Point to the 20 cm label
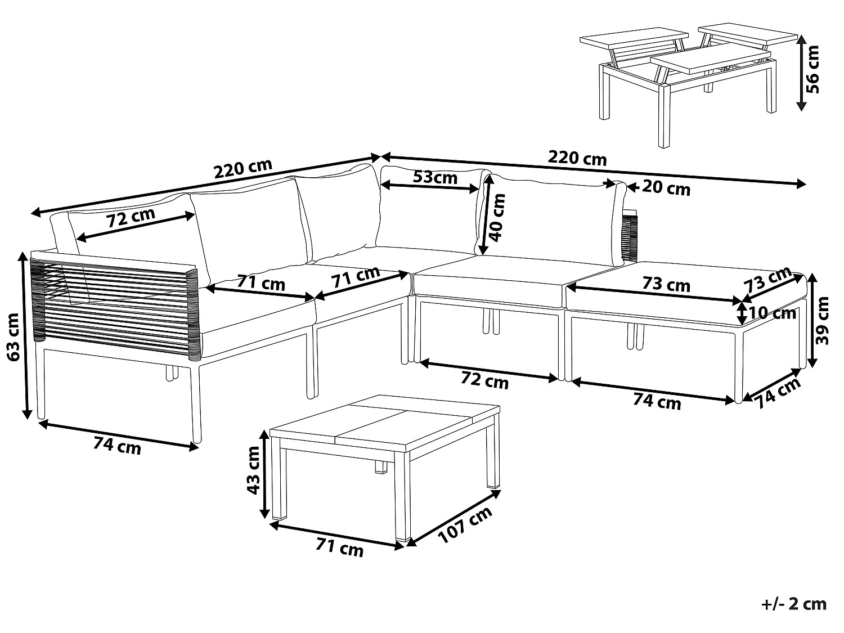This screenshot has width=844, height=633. pos(666,188)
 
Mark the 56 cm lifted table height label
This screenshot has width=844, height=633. pos(812,69)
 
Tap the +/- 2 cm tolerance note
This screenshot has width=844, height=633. pos(794,605)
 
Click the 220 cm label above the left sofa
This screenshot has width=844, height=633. pos(243,168)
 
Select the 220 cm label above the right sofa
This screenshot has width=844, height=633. pos(577,158)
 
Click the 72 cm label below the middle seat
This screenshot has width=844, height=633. pos(484,381)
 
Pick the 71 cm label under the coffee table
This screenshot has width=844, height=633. pos(339,547)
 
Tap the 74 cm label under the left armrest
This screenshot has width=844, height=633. pos(116,446)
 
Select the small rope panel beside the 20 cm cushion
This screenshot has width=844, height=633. pos(631,236)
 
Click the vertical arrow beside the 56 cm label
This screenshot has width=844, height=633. pos(802,70)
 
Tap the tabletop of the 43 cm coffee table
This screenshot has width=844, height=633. pos(385,423)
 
